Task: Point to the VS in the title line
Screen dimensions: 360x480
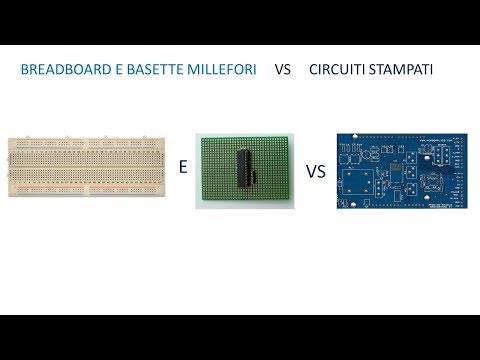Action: [x=283, y=72]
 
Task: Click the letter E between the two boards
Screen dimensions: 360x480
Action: [x=183, y=168]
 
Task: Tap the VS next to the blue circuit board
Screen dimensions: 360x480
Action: [x=316, y=171]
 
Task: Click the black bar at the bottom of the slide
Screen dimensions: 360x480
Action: [x=240, y=337]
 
